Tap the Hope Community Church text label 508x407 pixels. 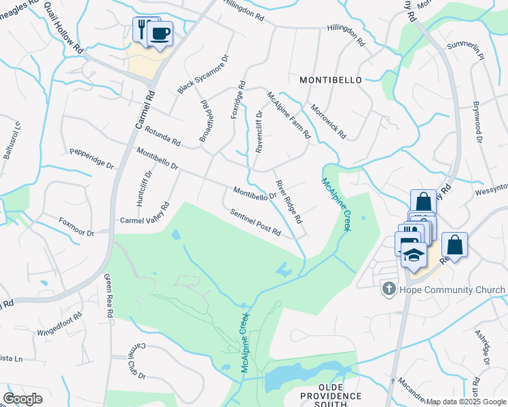[x=452, y=290]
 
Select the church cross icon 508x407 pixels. [x=388, y=290]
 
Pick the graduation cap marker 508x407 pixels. [x=413, y=256]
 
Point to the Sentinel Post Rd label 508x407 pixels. [x=255, y=222]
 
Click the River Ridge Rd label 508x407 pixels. [x=289, y=202]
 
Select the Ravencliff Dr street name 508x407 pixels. [x=259, y=131]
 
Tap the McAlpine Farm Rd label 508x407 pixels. [x=289, y=115]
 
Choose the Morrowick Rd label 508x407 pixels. [x=328, y=121]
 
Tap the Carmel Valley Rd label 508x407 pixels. [x=144, y=214]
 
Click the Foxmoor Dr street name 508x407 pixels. [x=77, y=227]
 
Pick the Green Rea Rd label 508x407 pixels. [x=108, y=296]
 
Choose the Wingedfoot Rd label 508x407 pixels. [x=59, y=323]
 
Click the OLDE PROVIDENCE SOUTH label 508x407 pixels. [x=323, y=400]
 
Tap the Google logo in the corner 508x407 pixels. [x=22, y=399]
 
